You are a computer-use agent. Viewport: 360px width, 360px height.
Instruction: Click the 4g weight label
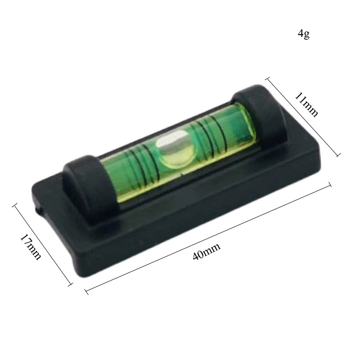coord(303,34)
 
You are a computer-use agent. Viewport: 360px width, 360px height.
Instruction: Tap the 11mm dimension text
coord(306,104)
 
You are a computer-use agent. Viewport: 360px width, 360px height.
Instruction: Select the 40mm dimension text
coord(207,251)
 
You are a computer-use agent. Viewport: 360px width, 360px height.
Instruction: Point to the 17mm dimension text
coord(31,247)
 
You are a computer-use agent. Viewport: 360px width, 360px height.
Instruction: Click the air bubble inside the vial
coord(174,148)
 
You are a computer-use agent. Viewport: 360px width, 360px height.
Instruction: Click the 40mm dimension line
coord(208,238)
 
